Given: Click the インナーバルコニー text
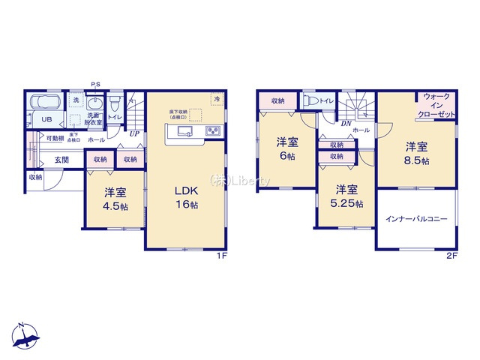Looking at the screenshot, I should coord(416,219).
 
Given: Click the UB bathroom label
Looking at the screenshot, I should coord(45,118).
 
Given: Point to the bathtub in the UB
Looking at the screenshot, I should coord(48,103).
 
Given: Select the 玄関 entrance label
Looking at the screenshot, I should coord(61,160).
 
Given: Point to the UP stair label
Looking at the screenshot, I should coord(134,135).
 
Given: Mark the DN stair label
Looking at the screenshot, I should coord(346,124).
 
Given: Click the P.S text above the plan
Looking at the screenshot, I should coord(96,84).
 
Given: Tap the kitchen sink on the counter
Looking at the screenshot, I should coord(184,132).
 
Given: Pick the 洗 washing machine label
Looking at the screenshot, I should coord(76,100).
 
